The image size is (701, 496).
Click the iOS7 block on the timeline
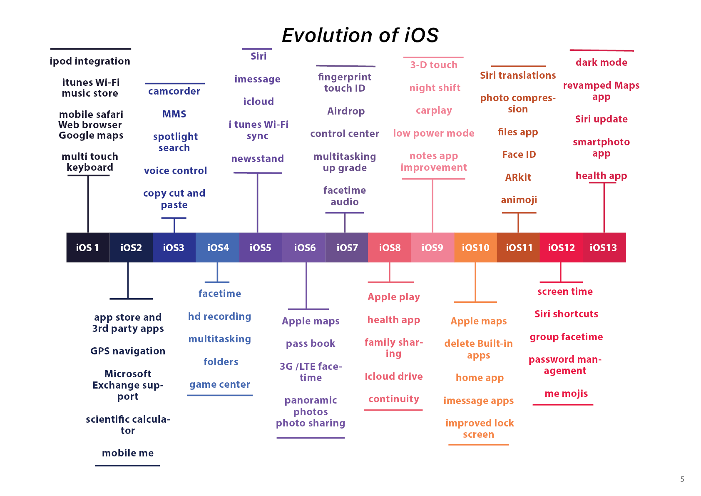point(347,247)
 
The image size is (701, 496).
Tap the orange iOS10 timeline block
point(476,247)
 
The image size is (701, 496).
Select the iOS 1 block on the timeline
point(88,247)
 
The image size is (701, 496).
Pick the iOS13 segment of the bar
point(604,247)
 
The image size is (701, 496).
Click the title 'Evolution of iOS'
point(360,35)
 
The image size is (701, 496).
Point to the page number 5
point(682,479)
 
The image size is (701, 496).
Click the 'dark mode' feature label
point(602,62)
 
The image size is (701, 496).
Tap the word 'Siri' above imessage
point(259,56)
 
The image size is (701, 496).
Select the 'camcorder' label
point(174,91)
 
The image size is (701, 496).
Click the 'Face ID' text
point(519,155)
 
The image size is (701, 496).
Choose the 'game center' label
point(220,384)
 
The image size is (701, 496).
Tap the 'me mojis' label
point(566,394)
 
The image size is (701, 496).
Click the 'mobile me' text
point(128,453)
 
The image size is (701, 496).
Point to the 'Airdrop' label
point(346,111)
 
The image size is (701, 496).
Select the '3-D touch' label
point(434,65)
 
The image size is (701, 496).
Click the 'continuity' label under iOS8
point(394,399)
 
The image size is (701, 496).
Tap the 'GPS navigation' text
point(128,351)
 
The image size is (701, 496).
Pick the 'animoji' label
point(519,200)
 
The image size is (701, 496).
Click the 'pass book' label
point(311,344)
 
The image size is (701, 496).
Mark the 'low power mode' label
point(434,133)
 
